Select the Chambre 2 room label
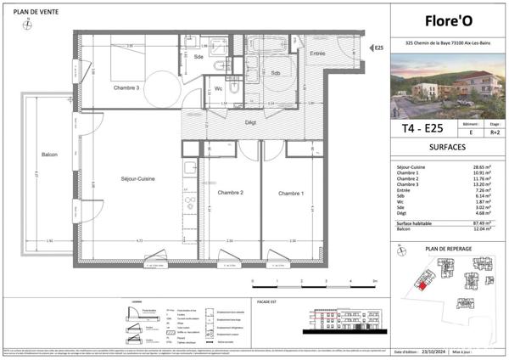231,194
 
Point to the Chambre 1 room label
289,194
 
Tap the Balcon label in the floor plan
48,155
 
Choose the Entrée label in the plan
317,53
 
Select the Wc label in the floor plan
218,88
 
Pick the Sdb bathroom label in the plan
276,72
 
